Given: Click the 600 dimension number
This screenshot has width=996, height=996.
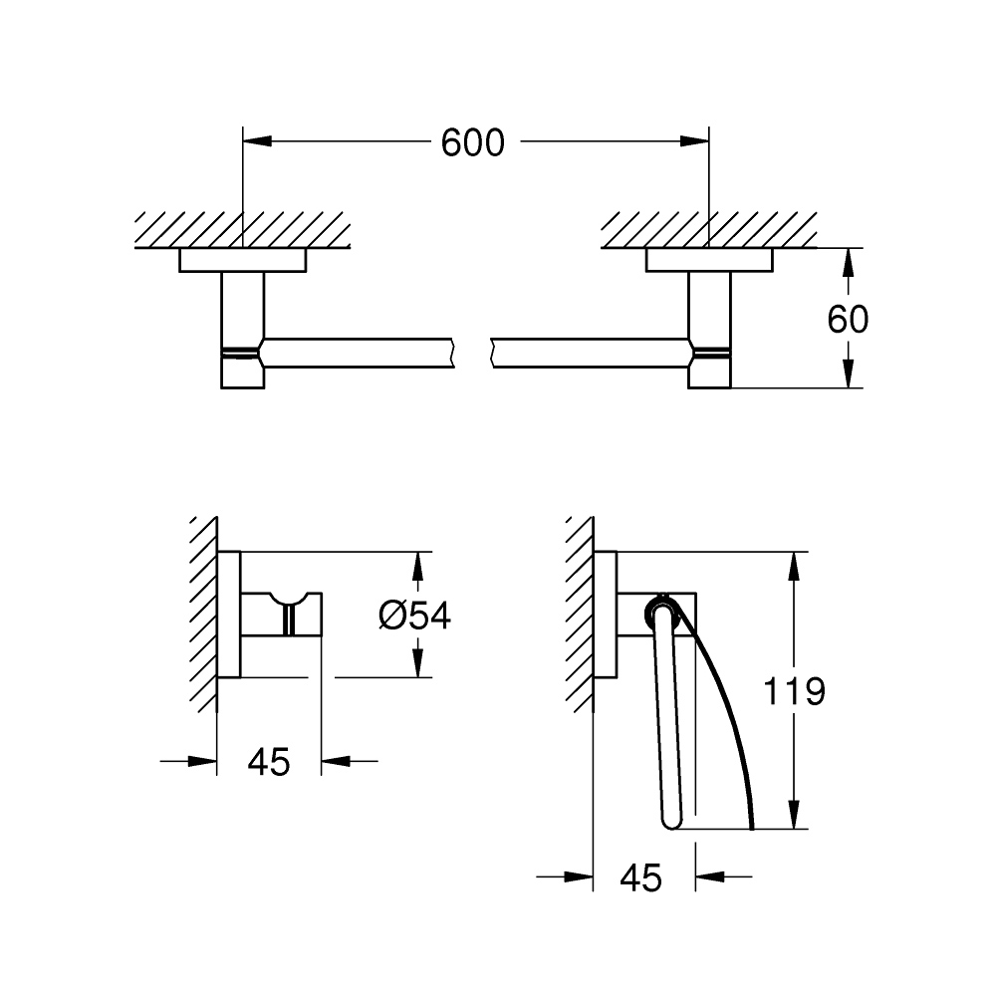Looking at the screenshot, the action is (x=472, y=142).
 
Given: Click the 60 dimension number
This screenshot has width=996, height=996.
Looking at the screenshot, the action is (x=848, y=319).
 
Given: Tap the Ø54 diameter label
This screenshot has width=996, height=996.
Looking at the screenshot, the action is (x=414, y=615).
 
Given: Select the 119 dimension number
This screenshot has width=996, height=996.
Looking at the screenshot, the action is (x=794, y=691).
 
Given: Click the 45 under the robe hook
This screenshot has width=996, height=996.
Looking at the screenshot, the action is (x=269, y=761).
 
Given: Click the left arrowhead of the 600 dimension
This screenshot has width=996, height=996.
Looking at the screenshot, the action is (x=257, y=141).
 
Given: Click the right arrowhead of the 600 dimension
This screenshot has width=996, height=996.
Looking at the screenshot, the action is (x=694, y=141).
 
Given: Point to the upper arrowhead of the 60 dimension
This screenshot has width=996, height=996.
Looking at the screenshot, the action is (x=848, y=262).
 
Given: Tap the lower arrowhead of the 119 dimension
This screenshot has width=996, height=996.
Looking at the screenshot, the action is (x=793, y=815).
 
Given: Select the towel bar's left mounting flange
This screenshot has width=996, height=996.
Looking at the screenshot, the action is (x=243, y=260).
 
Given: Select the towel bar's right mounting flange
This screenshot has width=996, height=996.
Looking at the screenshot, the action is (x=709, y=260).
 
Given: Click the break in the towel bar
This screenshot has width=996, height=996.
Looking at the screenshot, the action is (x=472, y=354).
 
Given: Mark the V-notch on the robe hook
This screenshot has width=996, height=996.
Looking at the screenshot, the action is (x=290, y=600).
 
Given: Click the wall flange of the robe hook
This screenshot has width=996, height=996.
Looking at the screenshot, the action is (x=229, y=615).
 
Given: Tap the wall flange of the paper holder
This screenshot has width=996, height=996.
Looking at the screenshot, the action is (x=606, y=615).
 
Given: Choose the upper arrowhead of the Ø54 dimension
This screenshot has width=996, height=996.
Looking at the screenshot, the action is (x=417, y=566).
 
